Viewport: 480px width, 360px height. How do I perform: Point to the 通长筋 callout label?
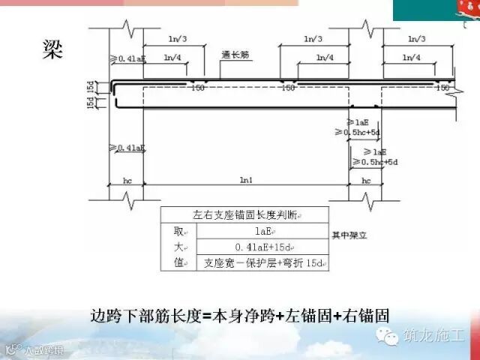pyautogui.click(x=235, y=55)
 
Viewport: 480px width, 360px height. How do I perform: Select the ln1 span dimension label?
pyautogui.click(x=244, y=180)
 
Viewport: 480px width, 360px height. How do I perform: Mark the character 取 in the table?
pyautogui.click(x=178, y=231)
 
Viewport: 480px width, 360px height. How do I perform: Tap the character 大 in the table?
pyautogui.click(x=178, y=247)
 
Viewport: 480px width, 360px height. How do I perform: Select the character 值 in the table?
pyautogui.click(x=178, y=264)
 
